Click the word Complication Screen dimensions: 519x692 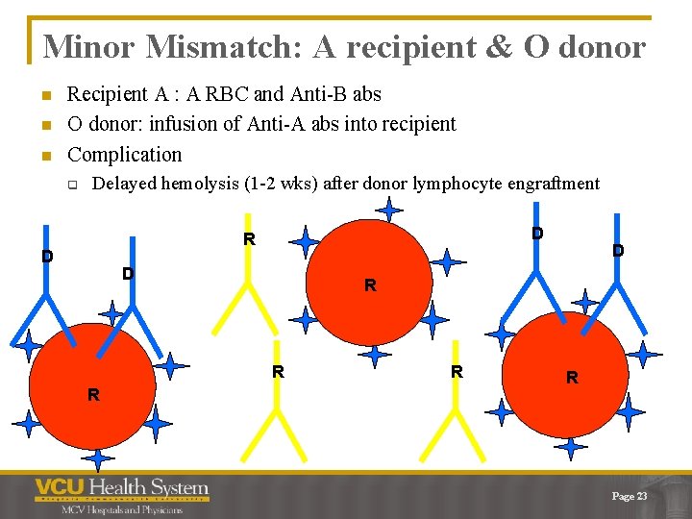pyautogui.click(x=124, y=154)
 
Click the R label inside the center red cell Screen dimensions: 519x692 pyautogui.click(x=370, y=285)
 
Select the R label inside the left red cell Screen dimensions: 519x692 pyautogui.click(x=93, y=394)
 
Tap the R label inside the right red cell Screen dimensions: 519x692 pyautogui.click(x=572, y=378)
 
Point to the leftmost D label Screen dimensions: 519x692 pyautogui.click(x=47, y=257)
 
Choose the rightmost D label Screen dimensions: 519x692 pyautogui.click(x=618, y=251)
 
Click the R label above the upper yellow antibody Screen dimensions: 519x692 pyautogui.click(x=249, y=239)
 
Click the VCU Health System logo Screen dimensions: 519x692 pyautogui.click(x=121, y=487)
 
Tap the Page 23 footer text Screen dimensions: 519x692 pyautogui.click(x=630, y=496)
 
